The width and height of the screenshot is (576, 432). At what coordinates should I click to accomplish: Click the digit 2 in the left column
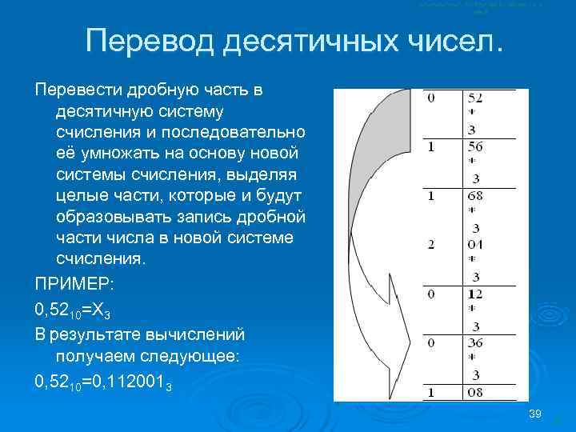[x=431, y=245]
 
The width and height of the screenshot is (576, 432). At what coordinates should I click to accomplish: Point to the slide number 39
[x=536, y=414]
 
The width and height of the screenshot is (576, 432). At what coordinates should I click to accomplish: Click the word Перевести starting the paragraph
[x=72, y=90]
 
